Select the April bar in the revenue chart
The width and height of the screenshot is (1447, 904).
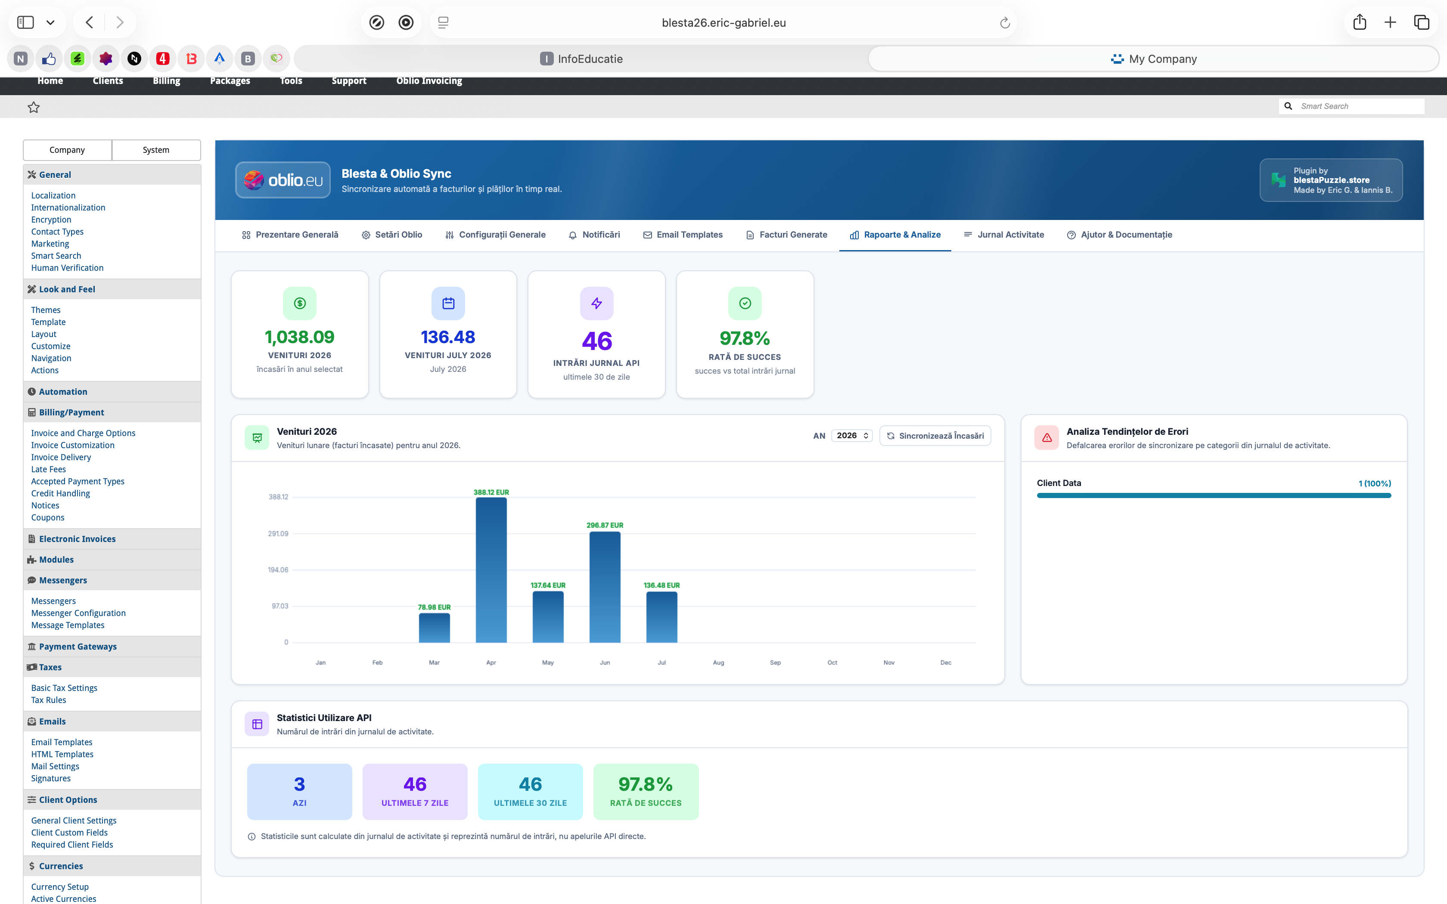[x=491, y=570]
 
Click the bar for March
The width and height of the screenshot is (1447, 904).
[x=434, y=628]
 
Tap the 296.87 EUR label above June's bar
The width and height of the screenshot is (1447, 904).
[x=605, y=525]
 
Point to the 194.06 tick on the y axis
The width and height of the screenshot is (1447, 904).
[x=278, y=570]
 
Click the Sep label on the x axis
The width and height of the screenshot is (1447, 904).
[x=775, y=663]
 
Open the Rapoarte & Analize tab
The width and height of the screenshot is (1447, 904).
[x=895, y=235]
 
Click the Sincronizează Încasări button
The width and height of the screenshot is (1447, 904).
[x=935, y=436]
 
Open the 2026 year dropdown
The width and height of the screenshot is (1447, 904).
[x=851, y=436]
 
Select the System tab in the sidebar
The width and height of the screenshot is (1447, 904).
[x=156, y=150]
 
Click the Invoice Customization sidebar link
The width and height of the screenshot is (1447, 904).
[x=73, y=446]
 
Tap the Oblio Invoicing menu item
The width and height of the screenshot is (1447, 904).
[x=429, y=81]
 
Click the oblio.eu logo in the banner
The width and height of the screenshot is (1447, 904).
[x=283, y=180]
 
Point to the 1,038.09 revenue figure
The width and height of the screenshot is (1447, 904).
[x=300, y=337]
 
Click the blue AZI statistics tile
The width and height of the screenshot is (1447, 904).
[x=300, y=792]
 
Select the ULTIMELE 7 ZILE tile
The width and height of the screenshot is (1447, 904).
[x=415, y=792]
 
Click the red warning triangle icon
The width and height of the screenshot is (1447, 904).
[x=1047, y=438]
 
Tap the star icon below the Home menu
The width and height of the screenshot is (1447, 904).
[x=34, y=107]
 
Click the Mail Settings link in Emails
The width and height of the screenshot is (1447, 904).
[x=55, y=767]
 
